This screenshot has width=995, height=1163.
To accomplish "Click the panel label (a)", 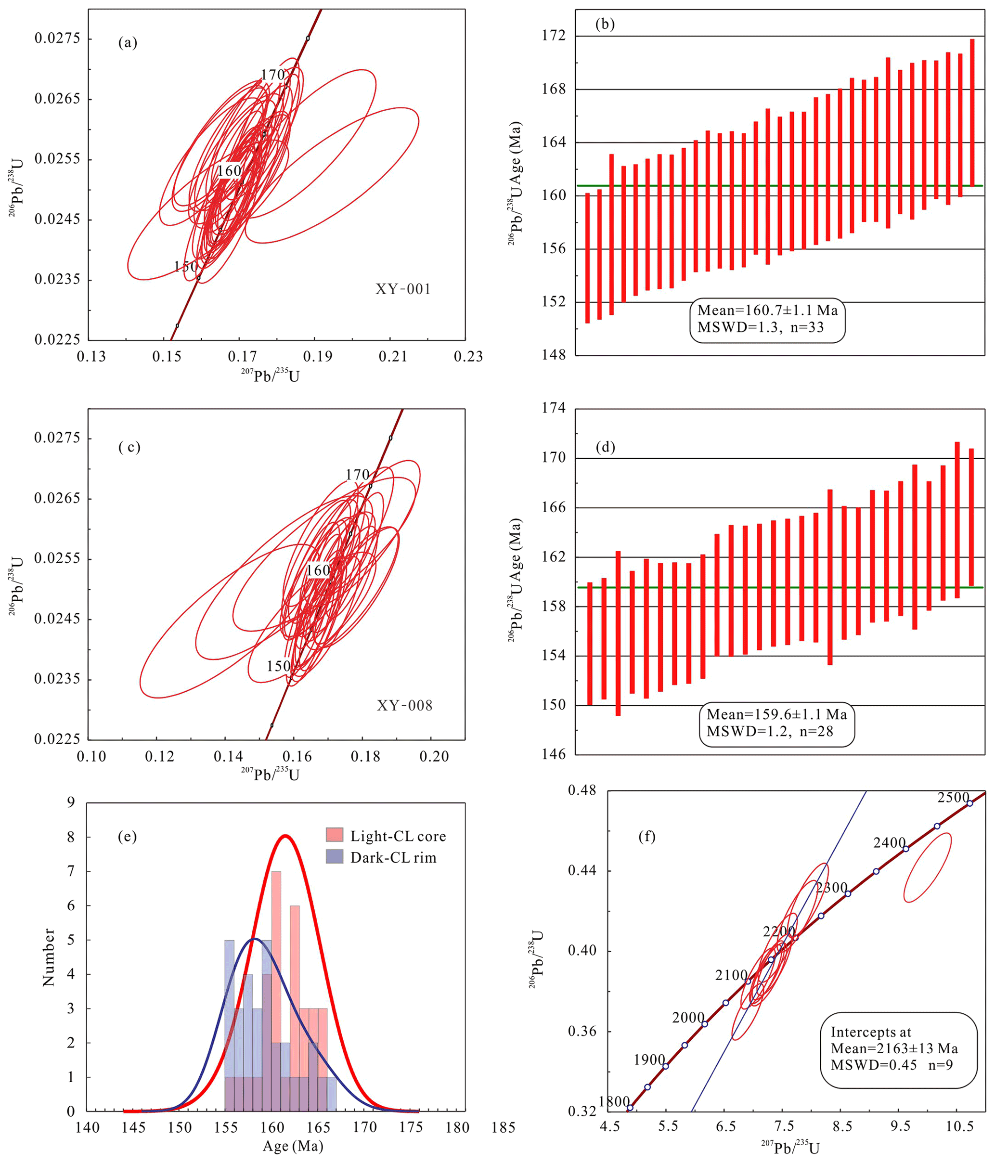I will click(x=128, y=43).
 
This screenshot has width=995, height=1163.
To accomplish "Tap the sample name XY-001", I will click(x=403, y=289).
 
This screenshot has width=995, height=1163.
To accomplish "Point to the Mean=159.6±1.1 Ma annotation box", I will click(x=776, y=724).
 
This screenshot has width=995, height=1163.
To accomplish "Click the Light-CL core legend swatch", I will click(x=335, y=835).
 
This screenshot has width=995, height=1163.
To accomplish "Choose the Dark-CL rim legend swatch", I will click(x=335, y=856).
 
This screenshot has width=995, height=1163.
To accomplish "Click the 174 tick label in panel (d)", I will click(x=554, y=408).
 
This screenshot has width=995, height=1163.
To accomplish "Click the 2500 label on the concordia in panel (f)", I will click(x=954, y=798).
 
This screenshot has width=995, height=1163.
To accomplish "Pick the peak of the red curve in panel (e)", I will click(x=285, y=836).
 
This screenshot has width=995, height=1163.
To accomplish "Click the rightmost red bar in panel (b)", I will click(x=972, y=112).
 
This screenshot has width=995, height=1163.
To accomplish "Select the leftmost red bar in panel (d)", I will click(x=590, y=643).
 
